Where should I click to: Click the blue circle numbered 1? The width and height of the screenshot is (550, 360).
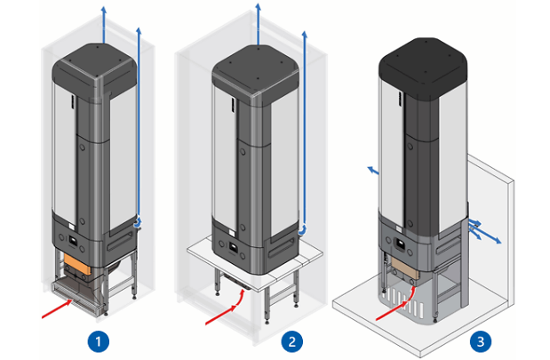click(x=99, y=341)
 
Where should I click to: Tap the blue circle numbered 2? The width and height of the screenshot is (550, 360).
click(x=291, y=341)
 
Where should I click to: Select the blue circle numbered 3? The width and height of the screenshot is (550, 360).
click(x=481, y=341)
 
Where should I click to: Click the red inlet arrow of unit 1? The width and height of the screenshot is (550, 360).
click(x=58, y=308)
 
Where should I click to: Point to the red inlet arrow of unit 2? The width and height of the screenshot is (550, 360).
click(x=227, y=308)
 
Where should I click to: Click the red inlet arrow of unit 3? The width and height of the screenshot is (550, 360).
click(x=397, y=305)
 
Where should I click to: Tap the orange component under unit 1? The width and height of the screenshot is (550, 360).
click(x=77, y=263)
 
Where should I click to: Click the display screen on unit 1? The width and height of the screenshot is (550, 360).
click(x=73, y=241)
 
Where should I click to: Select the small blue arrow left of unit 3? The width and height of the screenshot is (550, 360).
click(x=373, y=171)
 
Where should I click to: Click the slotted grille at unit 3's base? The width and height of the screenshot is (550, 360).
click(x=403, y=304)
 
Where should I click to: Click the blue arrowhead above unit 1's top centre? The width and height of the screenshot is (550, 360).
click(x=103, y=9)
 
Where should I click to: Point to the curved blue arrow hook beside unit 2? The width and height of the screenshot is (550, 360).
click(x=302, y=231)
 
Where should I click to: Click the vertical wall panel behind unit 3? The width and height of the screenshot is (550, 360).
click(x=491, y=225)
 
